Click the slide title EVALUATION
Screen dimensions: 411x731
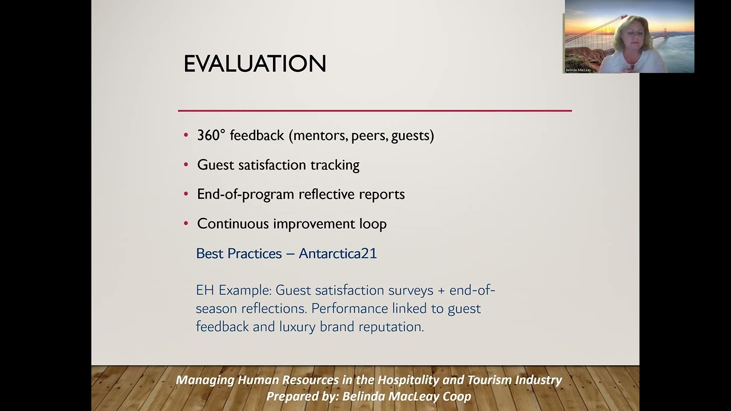[x=255, y=63]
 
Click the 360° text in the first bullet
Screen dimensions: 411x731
[x=211, y=135]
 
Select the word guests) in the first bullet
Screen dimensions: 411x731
[x=412, y=135]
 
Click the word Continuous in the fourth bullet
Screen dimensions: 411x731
[x=233, y=224]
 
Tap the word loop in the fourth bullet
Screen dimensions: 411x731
[x=373, y=224]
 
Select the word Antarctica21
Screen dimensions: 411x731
[x=338, y=253]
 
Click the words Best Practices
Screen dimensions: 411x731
[x=239, y=253]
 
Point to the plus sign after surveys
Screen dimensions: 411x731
[x=441, y=290]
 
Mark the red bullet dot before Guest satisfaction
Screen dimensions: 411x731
[x=186, y=165]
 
